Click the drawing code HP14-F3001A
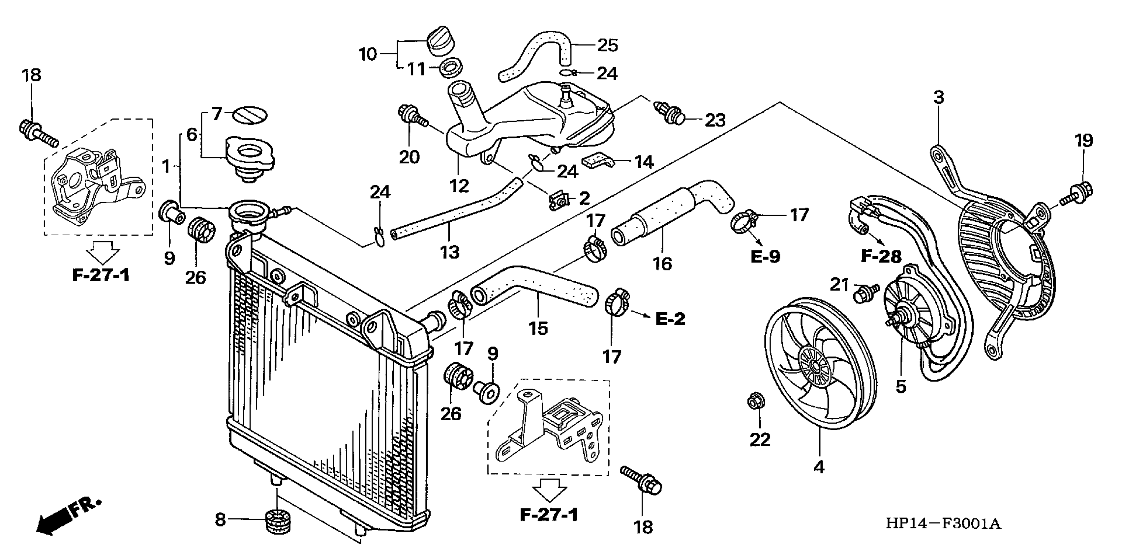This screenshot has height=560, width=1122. (943, 523)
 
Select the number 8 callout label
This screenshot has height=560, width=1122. (220, 519)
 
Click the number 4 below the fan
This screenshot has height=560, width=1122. (819, 467)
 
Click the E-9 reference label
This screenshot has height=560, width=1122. (765, 257)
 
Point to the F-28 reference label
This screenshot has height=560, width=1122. (881, 256)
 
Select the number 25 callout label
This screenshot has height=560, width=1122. (608, 45)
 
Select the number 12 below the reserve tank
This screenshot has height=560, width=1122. (459, 186)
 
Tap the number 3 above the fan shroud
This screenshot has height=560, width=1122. (939, 97)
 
